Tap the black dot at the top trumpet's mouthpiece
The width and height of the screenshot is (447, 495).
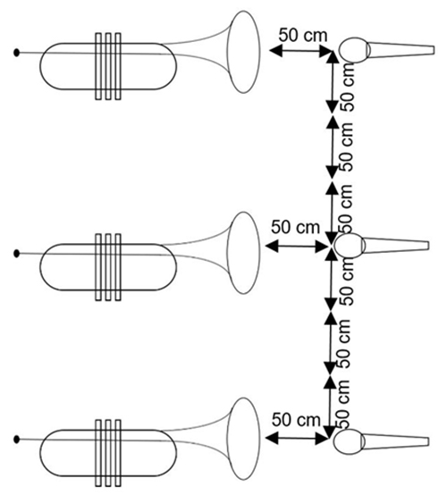click(x=17, y=53)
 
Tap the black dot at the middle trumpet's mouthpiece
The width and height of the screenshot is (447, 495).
click(x=17, y=253)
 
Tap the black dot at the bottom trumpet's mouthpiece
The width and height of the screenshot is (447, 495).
click(x=17, y=439)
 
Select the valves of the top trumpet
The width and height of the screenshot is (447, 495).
click(x=108, y=66)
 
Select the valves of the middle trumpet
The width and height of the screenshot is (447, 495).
click(x=108, y=267)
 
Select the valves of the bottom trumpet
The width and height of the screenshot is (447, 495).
click(x=108, y=453)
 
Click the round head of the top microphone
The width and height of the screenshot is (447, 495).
click(x=354, y=50)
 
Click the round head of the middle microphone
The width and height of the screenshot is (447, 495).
click(x=350, y=246)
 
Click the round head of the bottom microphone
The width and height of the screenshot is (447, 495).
click(x=350, y=441)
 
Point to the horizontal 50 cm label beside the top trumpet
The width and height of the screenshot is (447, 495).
click(x=303, y=35)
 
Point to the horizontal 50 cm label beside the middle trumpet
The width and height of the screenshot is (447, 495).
click(x=295, y=227)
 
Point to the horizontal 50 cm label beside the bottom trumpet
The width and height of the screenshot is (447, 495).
click(x=296, y=420)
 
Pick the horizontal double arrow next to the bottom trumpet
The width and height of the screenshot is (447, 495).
click(x=296, y=438)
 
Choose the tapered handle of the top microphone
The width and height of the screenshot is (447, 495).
click(x=401, y=50)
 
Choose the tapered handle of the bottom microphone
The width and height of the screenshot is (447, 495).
click(x=395, y=441)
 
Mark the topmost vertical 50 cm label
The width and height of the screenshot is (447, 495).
click(x=348, y=86)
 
